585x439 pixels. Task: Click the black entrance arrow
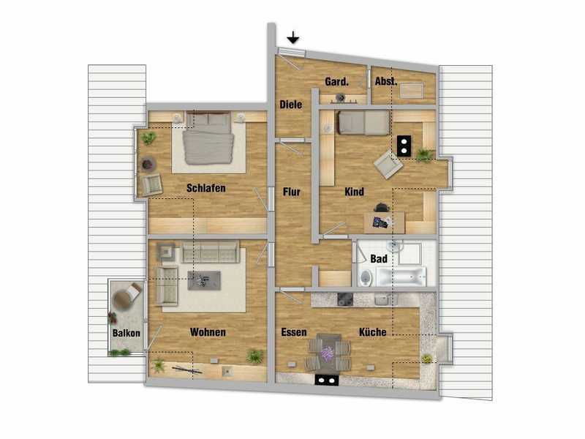(293, 37)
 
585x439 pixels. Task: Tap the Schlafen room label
(206, 188)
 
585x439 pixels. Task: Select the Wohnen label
(208, 332)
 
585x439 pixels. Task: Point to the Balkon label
(127, 333)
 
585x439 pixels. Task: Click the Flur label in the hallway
(291, 192)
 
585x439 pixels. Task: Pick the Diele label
(291, 105)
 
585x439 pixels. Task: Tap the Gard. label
(336, 82)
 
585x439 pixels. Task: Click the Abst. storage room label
(386, 81)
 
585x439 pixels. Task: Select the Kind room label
(354, 192)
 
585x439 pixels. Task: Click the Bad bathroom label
(379, 259)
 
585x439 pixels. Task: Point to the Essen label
(294, 332)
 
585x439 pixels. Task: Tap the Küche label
(373, 332)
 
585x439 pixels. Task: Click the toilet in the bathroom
(366, 278)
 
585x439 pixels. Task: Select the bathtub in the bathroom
(401, 277)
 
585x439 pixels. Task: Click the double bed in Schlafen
(208, 138)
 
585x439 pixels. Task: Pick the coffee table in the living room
(204, 280)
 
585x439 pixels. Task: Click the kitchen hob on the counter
(345, 299)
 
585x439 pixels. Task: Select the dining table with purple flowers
(327, 353)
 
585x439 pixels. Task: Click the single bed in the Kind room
(363, 122)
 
